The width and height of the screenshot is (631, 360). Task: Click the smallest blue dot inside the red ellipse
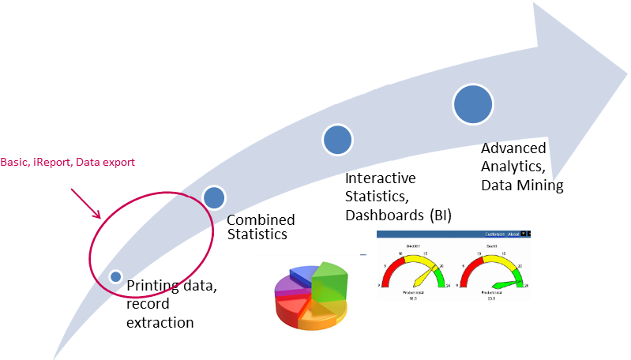pyautogui.click(x=116, y=276)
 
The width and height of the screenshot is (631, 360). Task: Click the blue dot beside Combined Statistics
pyautogui.click(x=213, y=197)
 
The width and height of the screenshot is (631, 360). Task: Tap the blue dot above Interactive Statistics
pyautogui.click(x=336, y=139)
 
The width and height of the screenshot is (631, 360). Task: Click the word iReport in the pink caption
pyautogui.click(x=50, y=162)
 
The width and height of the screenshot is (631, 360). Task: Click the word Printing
pyautogui.click(x=152, y=287)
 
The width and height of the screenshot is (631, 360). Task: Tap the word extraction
pyautogui.click(x=160, y=321)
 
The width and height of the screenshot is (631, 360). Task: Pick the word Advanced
pyautogui.click(x=513, y=148)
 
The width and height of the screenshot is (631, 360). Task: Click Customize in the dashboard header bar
pyautogui.click(x=494, y=234)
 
